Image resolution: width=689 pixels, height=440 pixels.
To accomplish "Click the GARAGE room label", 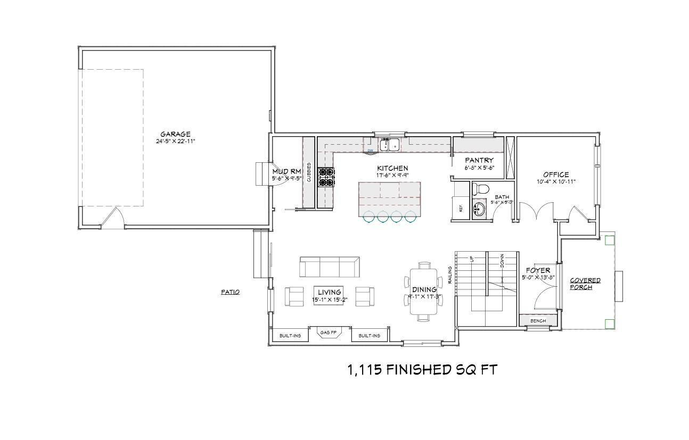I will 175,134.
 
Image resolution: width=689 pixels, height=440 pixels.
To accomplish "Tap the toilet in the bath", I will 481,189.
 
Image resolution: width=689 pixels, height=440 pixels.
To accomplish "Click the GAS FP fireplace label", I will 329,333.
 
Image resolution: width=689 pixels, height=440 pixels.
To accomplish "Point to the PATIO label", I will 230,292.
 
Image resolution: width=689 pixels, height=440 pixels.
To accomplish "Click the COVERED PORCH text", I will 585,284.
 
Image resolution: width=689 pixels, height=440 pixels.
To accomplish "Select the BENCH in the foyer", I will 538,321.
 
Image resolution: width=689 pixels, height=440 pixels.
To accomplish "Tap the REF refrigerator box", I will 461,207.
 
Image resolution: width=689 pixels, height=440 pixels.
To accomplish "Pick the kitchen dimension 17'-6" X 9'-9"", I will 392,175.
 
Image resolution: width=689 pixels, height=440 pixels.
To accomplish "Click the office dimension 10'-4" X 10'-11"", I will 556,181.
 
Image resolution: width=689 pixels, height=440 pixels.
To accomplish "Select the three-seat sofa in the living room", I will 329,267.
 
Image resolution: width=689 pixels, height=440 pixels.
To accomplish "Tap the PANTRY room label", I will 479,160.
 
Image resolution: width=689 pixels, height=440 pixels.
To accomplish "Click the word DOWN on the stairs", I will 502,260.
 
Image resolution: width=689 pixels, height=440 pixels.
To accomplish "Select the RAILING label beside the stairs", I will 450,275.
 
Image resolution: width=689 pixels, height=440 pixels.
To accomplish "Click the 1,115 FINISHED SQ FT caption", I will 422,370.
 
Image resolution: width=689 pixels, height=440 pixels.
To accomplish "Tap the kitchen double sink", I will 390,144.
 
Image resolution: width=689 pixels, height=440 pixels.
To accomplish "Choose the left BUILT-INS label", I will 290,336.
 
